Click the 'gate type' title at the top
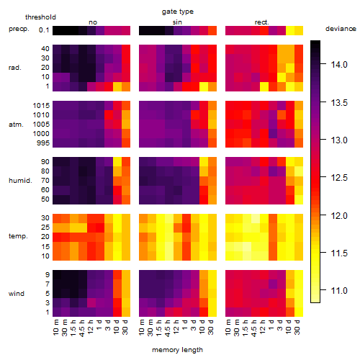[x=178, y=12]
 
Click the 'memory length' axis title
[x=177, y=350]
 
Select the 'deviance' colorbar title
[x=341, y=29]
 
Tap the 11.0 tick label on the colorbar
[x=339, y=291]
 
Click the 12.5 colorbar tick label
[x=339, y=178]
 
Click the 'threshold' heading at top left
[x=40, y=17]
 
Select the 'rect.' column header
[x=262, y=22]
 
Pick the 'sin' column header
[x=177, y=22]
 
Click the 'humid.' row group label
[x=20, y=181]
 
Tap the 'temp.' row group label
[x=18, y=236]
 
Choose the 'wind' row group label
[x=17, y=294]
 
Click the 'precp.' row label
[x=19, y=29]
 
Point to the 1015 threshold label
[x=41, y=106]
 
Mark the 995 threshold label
[x=43, y=143]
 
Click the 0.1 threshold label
[x=44, y=30]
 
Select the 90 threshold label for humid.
[x=45, y=162]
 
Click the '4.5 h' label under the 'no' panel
[x=81, y=328]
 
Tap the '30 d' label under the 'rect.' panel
[x=297, y=328]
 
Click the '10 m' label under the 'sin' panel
[x=142, y=328]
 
